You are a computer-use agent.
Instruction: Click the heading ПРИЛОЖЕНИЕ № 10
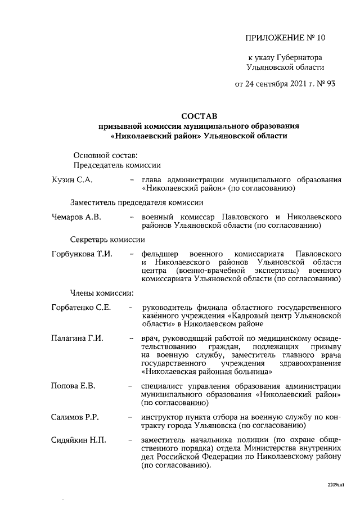[286, 38]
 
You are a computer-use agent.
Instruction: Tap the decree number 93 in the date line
[330, 85]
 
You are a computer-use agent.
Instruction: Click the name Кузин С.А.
[72, 179]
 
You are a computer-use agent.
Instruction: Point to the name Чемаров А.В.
[76, 217]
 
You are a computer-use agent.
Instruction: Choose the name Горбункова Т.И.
[82, 254]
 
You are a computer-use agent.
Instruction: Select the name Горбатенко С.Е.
[81, 307]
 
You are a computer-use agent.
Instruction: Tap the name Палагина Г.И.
[78, 339]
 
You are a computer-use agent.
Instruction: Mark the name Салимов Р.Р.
[75, 417]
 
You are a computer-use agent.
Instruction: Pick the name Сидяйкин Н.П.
[79, 439]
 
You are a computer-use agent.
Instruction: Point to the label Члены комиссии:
[101, 292]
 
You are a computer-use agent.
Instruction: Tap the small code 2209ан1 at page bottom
[335, 484]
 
